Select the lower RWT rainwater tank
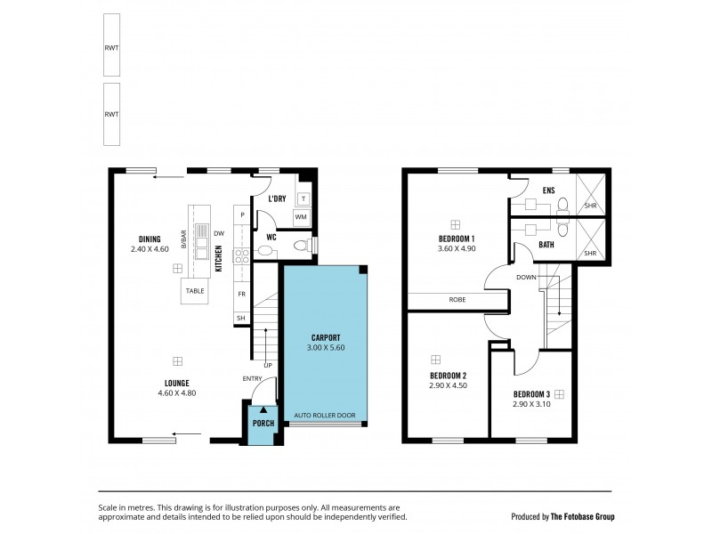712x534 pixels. click(x=111, y=114)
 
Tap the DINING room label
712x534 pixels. click(x=150, y=238)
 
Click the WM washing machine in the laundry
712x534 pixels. click(x=301, y=216)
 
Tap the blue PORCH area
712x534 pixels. click(x=263, y=423)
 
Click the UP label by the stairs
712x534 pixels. click(x=268, y=365)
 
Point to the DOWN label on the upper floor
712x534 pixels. click(x=525, y=277)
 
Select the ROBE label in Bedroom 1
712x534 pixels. click(x=457, y=301)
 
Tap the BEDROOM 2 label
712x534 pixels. click(x=448, y=376)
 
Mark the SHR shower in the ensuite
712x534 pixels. click(x=589, y=206)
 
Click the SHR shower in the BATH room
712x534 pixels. click(x=589, y=253)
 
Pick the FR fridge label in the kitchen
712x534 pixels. click(x=241, y=293)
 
